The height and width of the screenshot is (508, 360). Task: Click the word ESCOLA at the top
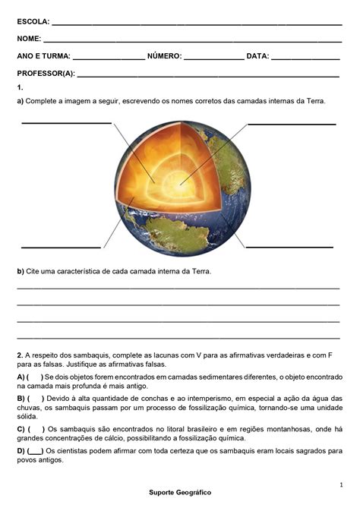[33, 21]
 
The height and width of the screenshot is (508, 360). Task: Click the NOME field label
[28, 38]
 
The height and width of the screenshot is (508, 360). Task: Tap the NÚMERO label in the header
[164, 56]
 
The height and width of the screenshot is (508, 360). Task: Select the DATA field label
[257, 56]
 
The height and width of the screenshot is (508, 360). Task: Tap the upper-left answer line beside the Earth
[67, 122]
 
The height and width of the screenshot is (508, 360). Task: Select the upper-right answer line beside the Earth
[292, 123]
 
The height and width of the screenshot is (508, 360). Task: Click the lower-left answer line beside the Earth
[61, 247]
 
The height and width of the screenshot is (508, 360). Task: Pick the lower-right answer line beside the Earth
[289, 247]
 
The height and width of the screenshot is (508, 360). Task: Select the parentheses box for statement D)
[35, 451]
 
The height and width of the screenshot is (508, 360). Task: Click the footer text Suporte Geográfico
[180, 492]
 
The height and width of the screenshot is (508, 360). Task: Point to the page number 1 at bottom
[341, 484]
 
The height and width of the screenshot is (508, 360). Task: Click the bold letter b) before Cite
[21, 271]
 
